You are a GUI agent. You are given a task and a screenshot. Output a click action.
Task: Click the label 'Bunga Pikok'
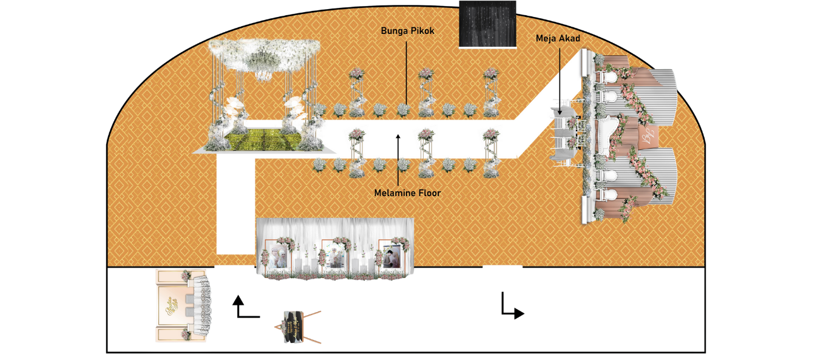(x=408, y=30)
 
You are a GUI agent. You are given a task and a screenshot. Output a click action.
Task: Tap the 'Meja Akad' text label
(x=558, y=38)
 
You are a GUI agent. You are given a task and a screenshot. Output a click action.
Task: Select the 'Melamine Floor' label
(x=407, y=193)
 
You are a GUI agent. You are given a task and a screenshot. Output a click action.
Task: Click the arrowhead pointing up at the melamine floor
(x=398, y=138)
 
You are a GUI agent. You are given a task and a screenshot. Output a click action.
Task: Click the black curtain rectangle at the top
(x=487, y=24)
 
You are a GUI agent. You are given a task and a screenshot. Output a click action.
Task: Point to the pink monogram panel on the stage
(x=647, y=134)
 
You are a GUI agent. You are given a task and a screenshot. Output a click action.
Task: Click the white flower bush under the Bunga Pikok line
(x=403, y=110)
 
